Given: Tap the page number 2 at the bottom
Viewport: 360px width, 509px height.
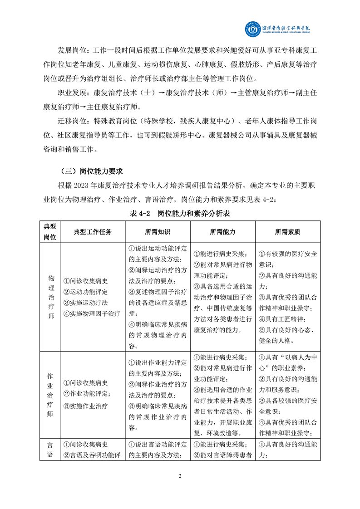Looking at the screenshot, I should (180, 476).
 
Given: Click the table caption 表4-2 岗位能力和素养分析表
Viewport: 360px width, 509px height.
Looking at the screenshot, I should (180, 213).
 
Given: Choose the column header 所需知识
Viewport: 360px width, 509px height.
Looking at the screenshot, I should (158, 231).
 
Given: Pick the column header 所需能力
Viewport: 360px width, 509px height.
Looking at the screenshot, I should (222, 231).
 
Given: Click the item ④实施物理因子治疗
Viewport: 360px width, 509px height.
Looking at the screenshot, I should (92, 313).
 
